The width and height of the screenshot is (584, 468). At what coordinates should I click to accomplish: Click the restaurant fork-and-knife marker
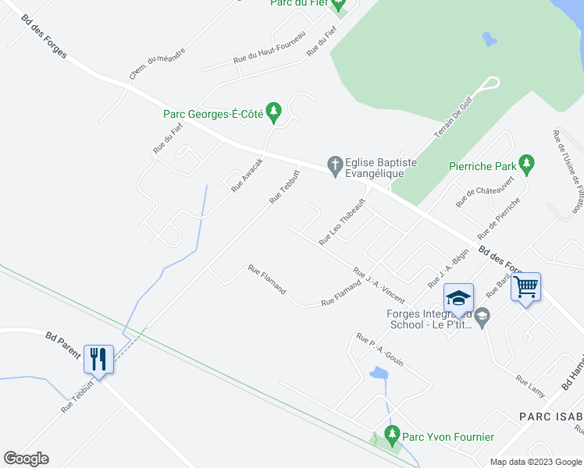[98, 359]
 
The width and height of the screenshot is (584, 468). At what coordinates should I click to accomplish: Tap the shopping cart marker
[525, 287]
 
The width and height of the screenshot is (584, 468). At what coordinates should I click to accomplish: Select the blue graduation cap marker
[458, 298]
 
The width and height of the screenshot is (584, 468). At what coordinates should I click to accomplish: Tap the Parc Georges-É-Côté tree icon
[273, 113]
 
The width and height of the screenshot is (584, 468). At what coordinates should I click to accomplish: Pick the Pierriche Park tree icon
[527, 164]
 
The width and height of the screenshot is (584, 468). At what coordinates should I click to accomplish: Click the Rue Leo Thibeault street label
[342, 222]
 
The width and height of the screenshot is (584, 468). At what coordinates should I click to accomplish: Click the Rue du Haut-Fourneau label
[269, 51]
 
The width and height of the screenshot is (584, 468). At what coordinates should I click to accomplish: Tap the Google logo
[26, 459]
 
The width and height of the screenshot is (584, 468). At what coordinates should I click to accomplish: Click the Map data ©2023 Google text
[536, 462]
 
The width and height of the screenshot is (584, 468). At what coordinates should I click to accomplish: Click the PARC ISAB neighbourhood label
[551, 417]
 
